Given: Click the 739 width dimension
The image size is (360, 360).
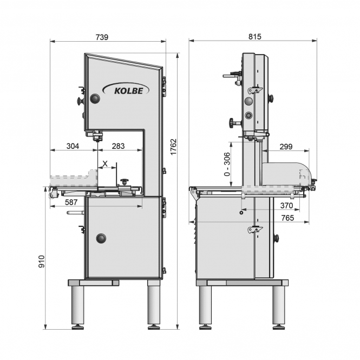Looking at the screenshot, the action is (102, 37).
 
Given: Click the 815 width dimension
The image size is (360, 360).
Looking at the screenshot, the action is (254, 37).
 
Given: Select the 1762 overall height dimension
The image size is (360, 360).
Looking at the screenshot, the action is (174, 147).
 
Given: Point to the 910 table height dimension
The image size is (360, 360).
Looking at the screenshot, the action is (42, 261).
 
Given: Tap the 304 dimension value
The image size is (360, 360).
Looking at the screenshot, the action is (73, 146).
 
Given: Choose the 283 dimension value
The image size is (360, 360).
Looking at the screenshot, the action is (118, 146).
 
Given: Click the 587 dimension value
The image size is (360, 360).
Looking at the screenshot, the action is (71, 202).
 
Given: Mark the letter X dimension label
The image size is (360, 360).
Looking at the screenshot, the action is (105, 163).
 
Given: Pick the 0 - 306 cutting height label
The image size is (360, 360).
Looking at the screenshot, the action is (227, 164).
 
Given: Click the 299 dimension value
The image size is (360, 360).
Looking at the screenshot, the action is (286, 147).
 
